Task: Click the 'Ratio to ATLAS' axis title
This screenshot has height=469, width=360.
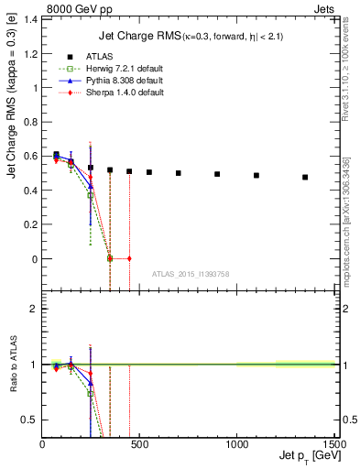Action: coord(13,365)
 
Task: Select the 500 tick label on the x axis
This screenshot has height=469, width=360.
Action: coord(139,443)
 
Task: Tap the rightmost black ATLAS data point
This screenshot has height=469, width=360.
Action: coord(305,178)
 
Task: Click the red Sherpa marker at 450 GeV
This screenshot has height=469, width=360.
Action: coord(129,258)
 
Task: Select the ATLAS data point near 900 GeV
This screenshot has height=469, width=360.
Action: coord(217,174)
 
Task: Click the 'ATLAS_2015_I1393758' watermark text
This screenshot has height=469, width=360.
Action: coord(191,274)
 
